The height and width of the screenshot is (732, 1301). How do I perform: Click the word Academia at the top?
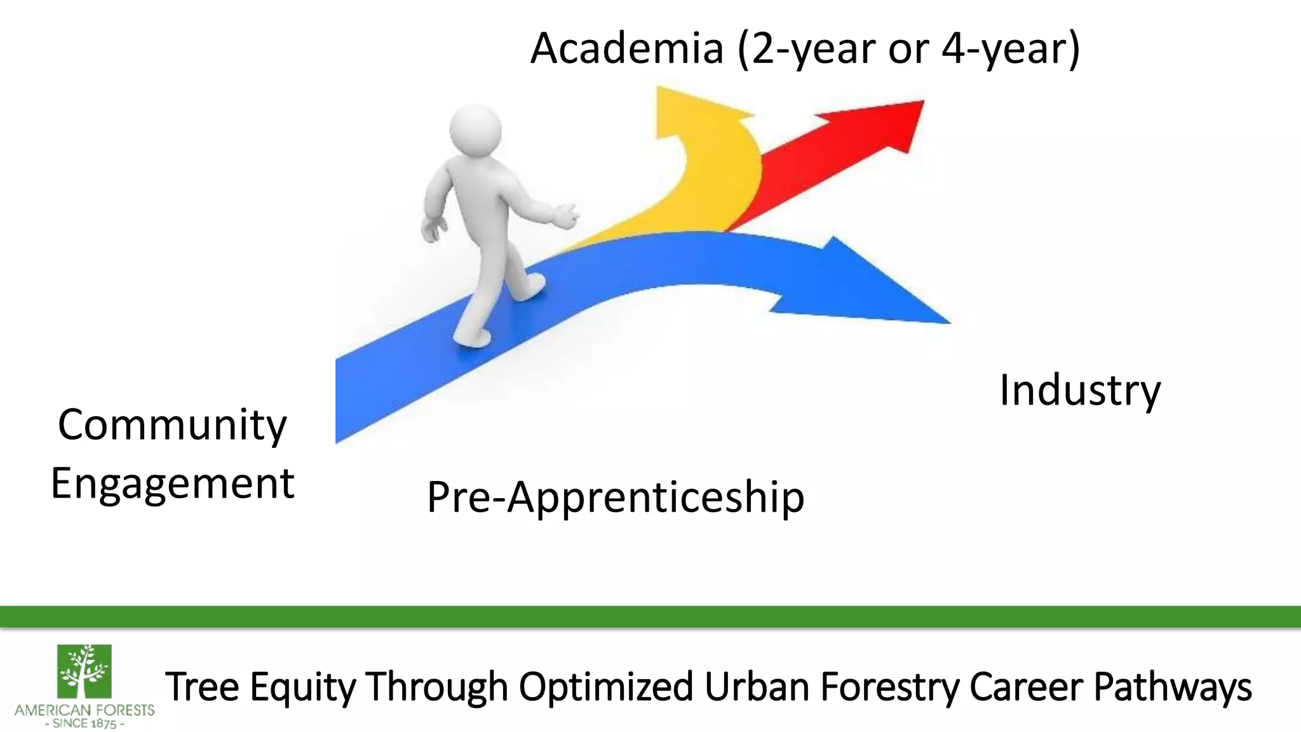click(x=627, y=48)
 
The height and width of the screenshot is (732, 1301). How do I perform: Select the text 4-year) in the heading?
click(x=1010, y=50)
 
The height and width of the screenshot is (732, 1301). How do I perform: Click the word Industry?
click(x=1079, y=390)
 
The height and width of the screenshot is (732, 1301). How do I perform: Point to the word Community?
click(x=172, y=425)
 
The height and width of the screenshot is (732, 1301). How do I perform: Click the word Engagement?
click(x=172, y=484)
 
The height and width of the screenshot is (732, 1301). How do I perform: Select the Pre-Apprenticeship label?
click(x=615, y=497)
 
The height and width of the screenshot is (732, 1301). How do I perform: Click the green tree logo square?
click(x=84, y=671)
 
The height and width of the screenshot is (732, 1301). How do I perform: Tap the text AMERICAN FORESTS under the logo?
click(x=84, y=710)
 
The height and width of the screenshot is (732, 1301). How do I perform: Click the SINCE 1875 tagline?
click(x=84, y=724)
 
